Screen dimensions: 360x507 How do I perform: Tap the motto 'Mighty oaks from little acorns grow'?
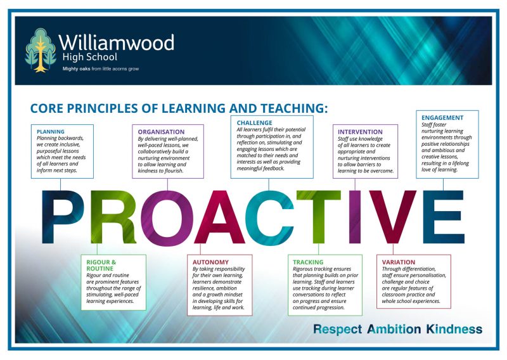[100, 68]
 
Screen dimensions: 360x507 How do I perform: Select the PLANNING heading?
[51, 131]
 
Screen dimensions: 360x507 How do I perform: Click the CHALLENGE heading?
[255, 123]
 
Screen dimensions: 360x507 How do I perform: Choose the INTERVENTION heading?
[361, 132]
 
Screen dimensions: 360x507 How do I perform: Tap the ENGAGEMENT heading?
[442, 118]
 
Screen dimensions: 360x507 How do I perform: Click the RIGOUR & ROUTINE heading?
[101, 265]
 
